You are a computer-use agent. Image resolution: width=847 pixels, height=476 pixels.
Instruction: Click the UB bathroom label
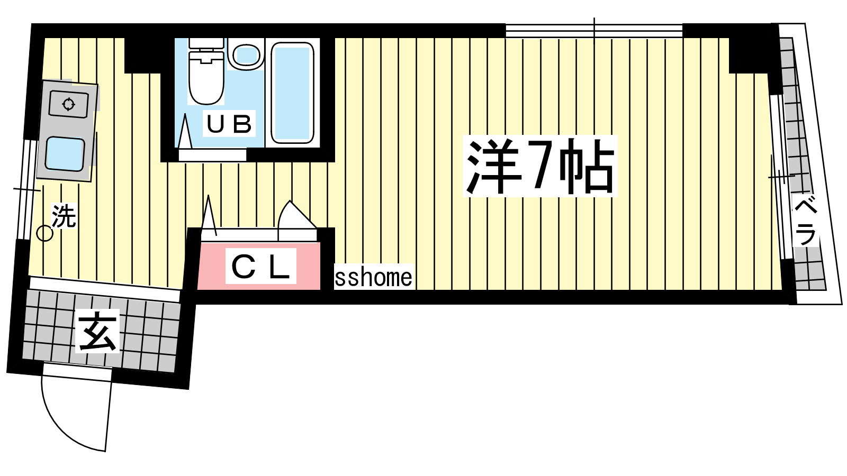click(x=229, y=123)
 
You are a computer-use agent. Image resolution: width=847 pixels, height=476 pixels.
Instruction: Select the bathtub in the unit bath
click(x=292, y=93)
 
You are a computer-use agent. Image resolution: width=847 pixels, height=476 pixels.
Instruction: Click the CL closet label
click(x=260, y=266)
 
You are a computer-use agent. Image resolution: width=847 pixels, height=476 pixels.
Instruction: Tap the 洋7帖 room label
click(x=540, y=166)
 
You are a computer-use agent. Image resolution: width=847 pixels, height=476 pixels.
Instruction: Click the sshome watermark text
click(x=373, y=277)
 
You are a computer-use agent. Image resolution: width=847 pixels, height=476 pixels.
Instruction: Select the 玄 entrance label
click(x=97, y=331)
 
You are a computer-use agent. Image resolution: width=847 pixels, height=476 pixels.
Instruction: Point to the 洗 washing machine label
click(x=64, y=216)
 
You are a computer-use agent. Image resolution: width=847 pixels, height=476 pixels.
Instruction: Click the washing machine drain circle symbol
click(x=44, y=234)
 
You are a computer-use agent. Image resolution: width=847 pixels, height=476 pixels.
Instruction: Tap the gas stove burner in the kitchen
click(x=68, y=104)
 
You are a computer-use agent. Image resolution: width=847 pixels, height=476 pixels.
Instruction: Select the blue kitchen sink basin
click(x=65, y=154)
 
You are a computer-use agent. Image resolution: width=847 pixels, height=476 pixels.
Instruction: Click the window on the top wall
click(x=594, y=31)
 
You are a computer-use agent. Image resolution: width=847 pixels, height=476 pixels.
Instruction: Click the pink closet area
click(x=259, y=266)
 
